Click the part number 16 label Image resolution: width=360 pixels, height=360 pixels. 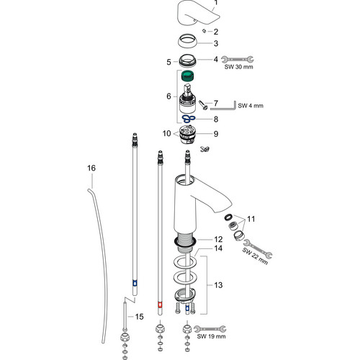coord(91,168)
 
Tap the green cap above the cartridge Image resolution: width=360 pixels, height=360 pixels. coord(188,76)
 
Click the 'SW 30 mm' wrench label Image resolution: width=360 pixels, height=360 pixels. coord(238,67)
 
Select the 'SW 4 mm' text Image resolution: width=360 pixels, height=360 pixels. coord(251,106)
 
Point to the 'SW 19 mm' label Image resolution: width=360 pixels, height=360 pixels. coord(211,336)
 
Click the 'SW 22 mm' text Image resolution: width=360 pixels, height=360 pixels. coord(255,256)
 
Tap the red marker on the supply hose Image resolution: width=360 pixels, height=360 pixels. coord(160,305)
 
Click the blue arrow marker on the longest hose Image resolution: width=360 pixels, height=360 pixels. coord(135,283)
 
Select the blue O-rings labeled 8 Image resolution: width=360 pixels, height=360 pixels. coord(189,118)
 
